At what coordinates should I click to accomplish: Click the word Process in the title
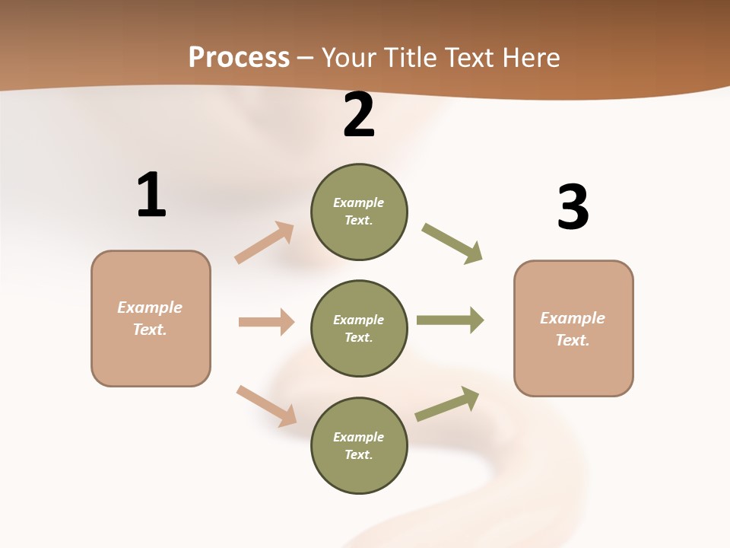coord(239,58)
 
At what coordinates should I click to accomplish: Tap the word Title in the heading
coord(407,58)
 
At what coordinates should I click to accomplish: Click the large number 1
coord(151,195)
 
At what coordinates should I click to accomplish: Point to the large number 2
coord(359,116)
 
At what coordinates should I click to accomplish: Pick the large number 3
coord(573,207)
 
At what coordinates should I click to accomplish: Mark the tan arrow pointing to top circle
coord(265,242)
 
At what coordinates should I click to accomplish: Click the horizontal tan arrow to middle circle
coord(266,322)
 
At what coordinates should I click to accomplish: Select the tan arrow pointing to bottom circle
coord(266,406)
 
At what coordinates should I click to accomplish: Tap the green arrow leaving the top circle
coord(452,244)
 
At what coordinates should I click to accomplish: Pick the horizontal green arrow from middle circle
coord(450,320)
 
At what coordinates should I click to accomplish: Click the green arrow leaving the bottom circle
coord(447,404)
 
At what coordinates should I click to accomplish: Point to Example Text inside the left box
coord(150,318)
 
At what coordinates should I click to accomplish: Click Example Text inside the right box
coord(573,329)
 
